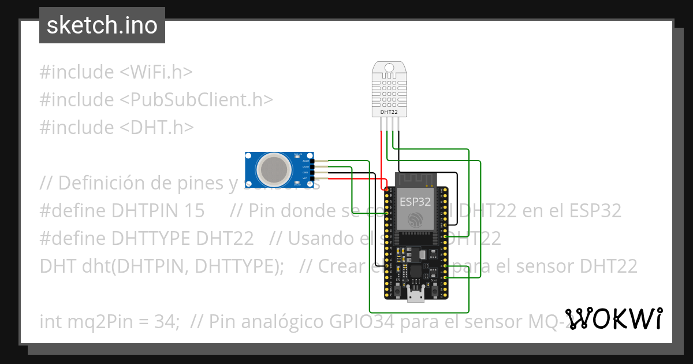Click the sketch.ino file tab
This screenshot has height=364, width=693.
point(102,25)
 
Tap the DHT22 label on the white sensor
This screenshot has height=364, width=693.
point(389,112)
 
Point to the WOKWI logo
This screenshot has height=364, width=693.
point(613,319)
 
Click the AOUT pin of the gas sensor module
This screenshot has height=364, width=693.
point(312,161)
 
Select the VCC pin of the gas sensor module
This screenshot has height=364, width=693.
point(312,179)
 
